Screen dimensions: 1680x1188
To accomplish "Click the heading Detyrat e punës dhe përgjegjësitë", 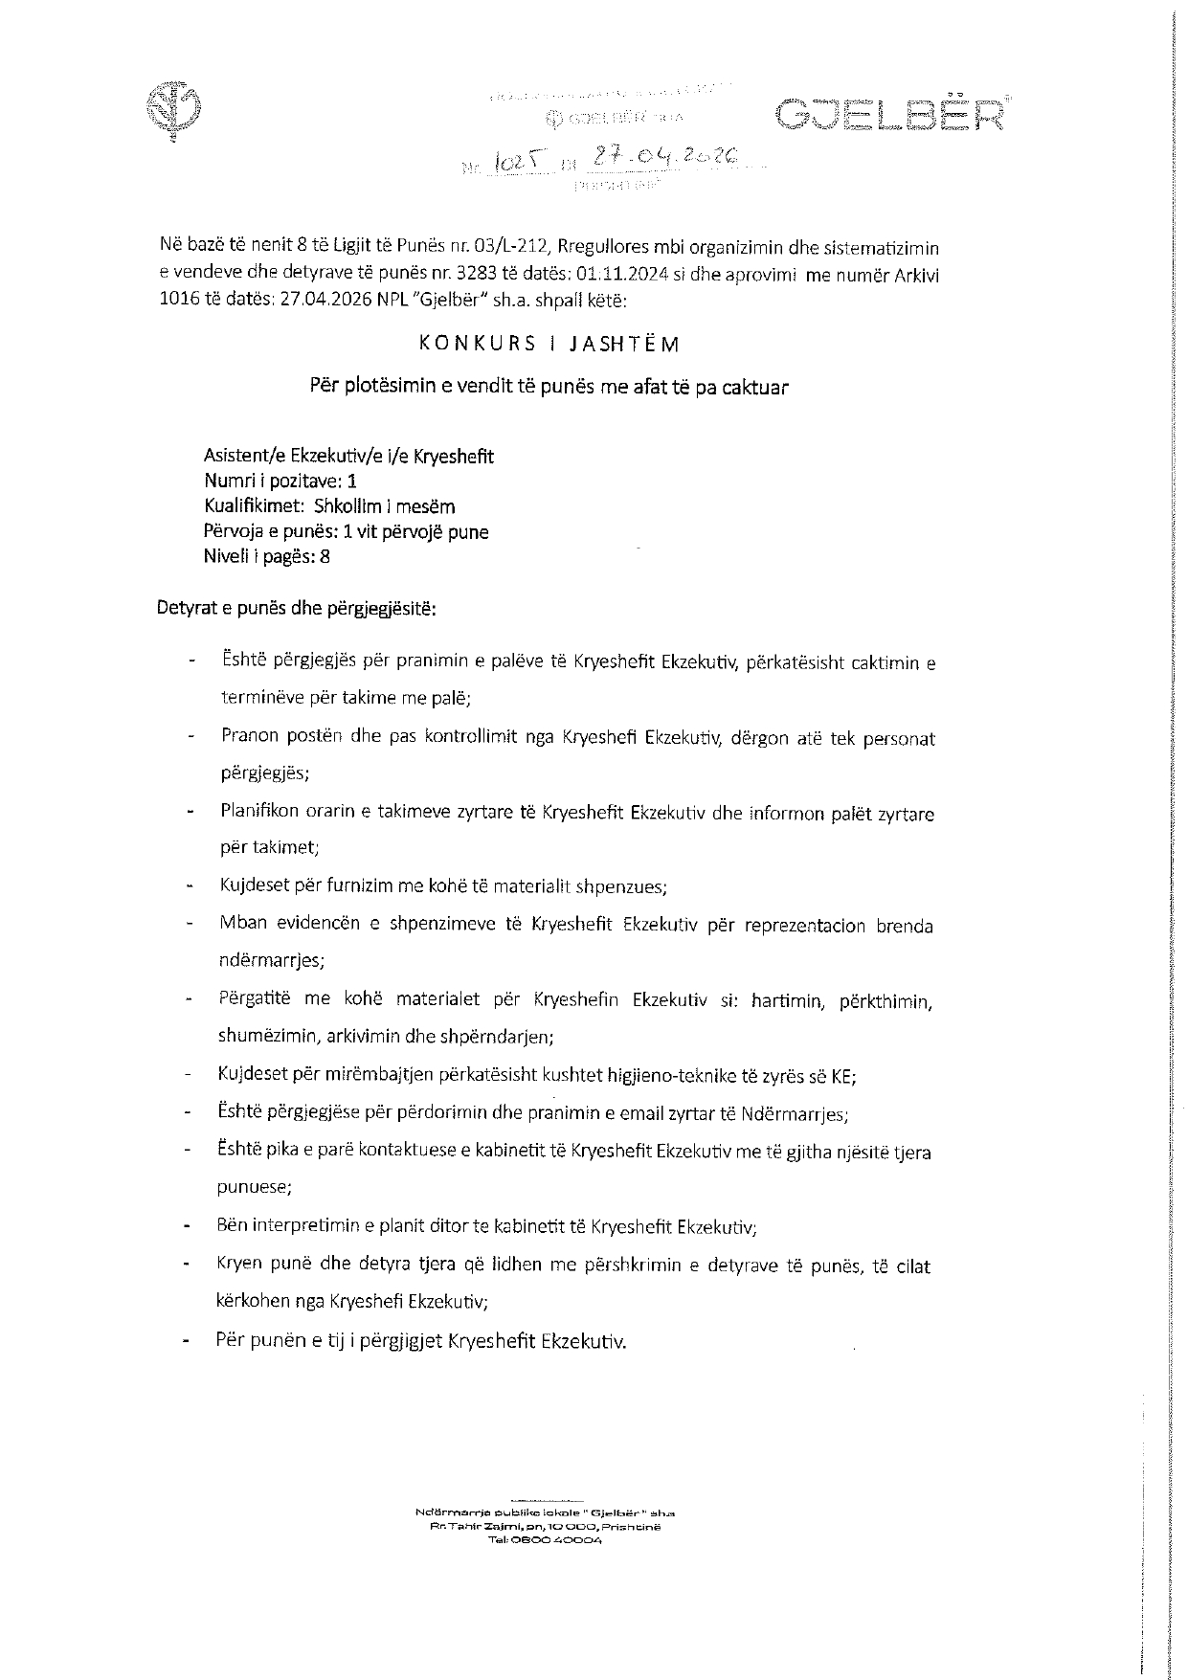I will coord(296,608).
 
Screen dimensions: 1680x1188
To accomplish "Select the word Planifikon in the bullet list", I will coord(258,814).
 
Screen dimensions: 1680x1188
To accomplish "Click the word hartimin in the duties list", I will coord(787,1000).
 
